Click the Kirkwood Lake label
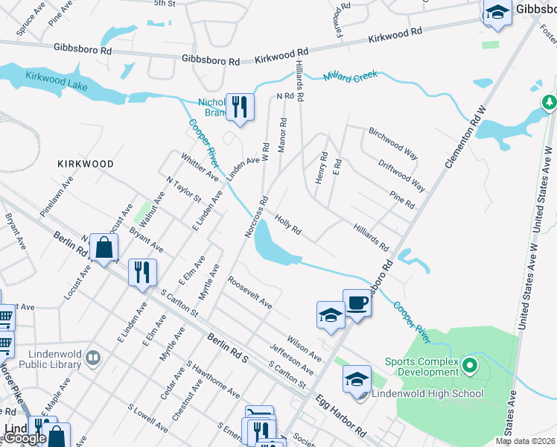click(x=57, y=82)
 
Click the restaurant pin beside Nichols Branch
click(x=239, y=107)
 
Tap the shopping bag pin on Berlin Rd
click(x=104, y=248)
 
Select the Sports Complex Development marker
click(x=469, y=366)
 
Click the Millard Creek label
click(x=351, y=77)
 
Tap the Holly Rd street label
click(x=287, y=225)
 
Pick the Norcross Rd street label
click(x=256, y=217)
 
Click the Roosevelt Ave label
click(x=250, y=294)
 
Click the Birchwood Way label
click(x=392, y=142)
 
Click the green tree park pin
click(x=550, y=101)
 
